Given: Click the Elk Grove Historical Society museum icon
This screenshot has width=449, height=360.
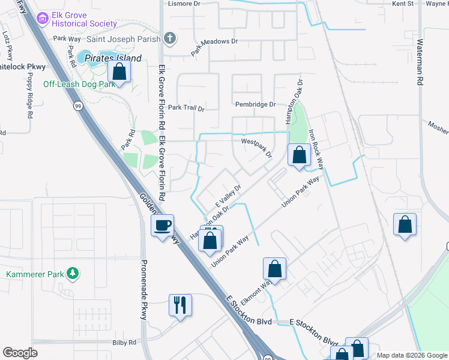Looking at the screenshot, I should pos(42,19).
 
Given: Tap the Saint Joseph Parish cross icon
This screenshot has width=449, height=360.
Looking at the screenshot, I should pos(170,39).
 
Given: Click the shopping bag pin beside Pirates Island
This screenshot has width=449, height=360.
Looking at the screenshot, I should pos(119,72).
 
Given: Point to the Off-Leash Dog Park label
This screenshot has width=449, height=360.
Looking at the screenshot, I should pos(79,85).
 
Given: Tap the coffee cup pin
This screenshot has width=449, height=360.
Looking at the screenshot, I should pos(162,226).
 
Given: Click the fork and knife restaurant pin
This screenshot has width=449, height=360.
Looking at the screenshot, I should pos(180,305).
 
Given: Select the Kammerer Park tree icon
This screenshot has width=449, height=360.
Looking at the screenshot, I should pos(73,274).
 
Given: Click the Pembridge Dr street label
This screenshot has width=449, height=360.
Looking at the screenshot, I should pos(255,104).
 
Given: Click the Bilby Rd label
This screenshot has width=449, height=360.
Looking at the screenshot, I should pos(124,343).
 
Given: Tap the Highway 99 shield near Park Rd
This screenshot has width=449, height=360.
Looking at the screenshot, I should pos(78,106).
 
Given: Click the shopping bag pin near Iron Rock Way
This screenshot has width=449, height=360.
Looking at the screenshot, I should pos(299,155).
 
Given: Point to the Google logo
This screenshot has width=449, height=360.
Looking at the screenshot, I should pos(20,353).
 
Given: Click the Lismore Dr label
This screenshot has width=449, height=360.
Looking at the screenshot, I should pos(184,4).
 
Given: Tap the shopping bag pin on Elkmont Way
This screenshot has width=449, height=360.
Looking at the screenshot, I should pos(274,268).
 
